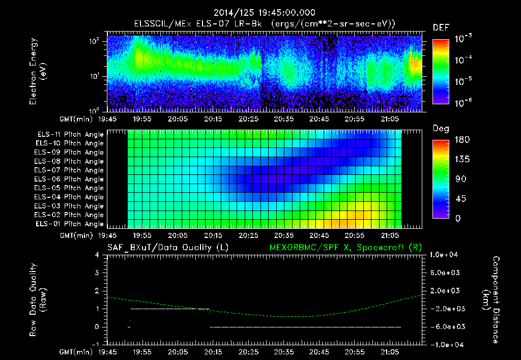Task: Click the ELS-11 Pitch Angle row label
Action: pyautogui.click(x=69, y=135)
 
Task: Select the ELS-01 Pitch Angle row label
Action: pyautogui.click(x=69, y=224)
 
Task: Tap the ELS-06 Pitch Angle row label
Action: pyautogui.click(x=69, y=179)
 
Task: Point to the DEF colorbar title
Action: pyautogui.click(x=441, y=27)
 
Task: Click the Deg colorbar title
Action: pyautogui.click(x=441, y=129)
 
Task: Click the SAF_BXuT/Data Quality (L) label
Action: pyautogui.click(x=167, y=247)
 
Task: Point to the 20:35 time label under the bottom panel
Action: pyautogui.click(x=284, y=352)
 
